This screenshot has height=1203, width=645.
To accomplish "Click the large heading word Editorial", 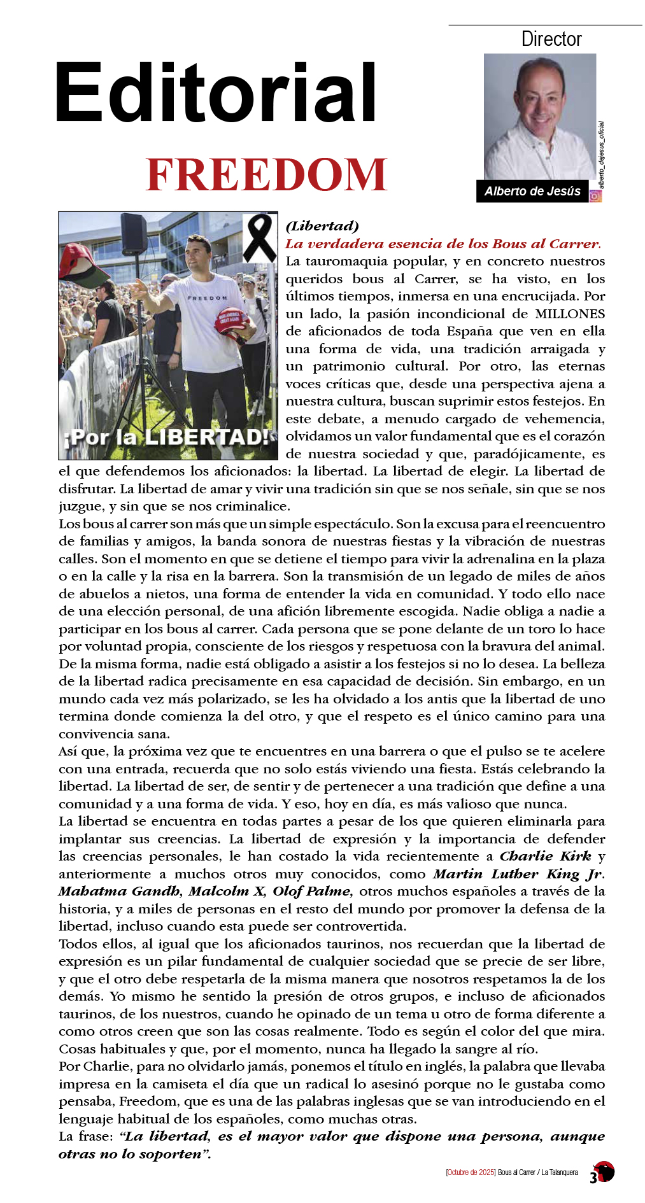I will [215, 93].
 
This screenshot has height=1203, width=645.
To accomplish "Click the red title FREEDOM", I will [266, 175].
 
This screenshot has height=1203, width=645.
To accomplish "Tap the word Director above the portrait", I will [551, 39].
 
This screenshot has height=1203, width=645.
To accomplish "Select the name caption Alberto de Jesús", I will [532, 191].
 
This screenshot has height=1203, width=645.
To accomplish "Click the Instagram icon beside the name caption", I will [595, 196].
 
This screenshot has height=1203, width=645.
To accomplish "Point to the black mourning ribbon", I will [259, 237].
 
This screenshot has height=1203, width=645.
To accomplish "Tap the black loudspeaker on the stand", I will [134, 232].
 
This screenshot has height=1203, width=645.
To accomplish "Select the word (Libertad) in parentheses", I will [322, 226].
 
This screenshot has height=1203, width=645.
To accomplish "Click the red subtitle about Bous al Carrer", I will [443, 244].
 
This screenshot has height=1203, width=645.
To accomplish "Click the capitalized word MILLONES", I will [570, 314].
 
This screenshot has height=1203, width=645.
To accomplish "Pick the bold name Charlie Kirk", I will [546, 856].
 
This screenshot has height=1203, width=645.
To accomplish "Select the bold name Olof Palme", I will [313, 891].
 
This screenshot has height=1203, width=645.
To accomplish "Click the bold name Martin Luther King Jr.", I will [519, 874].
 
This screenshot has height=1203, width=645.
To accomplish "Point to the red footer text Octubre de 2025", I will [471, 1172].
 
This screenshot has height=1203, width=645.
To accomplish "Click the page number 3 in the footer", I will [593, 1178].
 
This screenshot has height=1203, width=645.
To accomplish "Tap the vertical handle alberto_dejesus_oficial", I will [601, 155].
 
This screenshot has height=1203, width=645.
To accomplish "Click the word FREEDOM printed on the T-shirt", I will [207, 298].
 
